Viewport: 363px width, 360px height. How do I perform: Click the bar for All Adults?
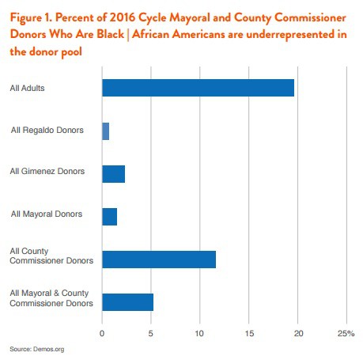click(198, 87)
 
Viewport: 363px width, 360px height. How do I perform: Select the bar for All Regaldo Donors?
click(105, 131)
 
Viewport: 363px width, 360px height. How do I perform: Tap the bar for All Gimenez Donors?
click(113, 173)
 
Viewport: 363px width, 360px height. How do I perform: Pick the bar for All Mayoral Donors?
click(109, 216)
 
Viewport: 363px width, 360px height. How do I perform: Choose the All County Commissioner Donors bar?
click(158, 259)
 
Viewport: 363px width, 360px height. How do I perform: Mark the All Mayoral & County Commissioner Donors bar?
click(127, 301)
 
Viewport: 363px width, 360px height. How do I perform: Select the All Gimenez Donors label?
click(47, 171)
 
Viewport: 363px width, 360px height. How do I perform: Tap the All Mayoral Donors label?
click(46, 214)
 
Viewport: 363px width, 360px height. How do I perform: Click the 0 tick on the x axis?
click(102, 332)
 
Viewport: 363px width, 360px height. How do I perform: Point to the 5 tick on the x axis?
click(151, 332)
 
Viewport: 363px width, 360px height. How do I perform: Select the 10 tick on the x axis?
click(200, 332)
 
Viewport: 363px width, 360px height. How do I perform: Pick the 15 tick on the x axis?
click(249, 332)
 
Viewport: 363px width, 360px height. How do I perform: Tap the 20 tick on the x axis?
click(298, 332)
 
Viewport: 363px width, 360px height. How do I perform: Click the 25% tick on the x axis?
click(346, 332)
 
